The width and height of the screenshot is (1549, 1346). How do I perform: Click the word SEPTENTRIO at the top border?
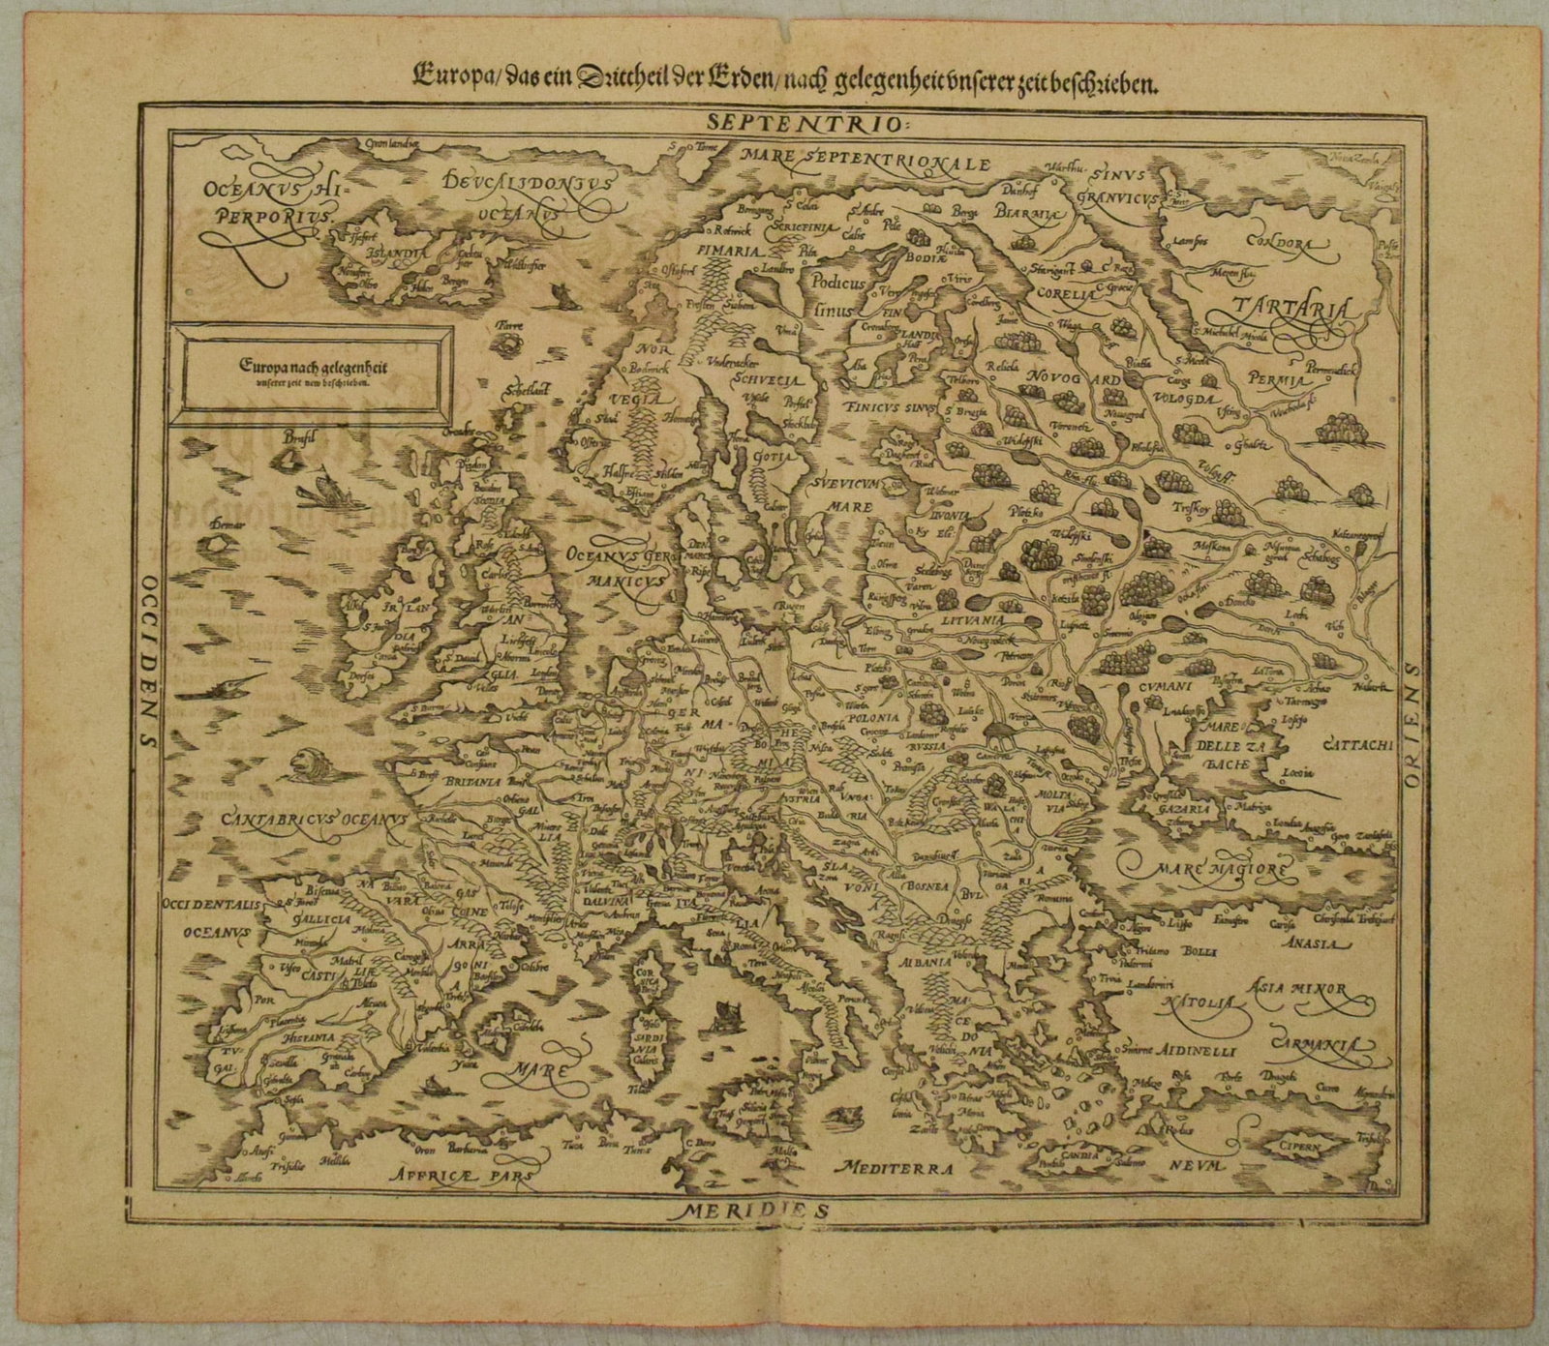click(x=769, y=123)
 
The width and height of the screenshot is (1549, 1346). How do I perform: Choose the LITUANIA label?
click(x=976, y=616)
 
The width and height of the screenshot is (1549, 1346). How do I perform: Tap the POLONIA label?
click(x=875, y=719)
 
